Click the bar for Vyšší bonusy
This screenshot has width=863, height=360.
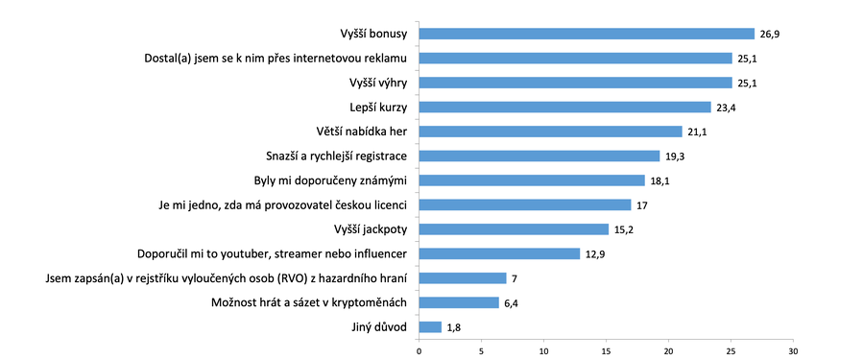(x=587, y=34)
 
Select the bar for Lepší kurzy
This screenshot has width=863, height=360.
(x=564, y=107)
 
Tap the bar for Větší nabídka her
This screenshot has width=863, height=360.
(x=550, y=132)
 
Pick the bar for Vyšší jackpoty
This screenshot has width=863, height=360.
(x=514, y=228)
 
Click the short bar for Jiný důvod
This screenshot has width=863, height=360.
(x=430, y=327)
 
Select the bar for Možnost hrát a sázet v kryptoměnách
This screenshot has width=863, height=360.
(x=459, y=302)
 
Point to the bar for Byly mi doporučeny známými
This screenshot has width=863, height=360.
(x=532, y=180)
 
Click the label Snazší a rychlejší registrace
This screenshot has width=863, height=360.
(x=336, y=156)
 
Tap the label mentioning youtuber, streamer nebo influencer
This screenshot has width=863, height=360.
(x=274, y=253)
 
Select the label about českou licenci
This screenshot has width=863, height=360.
(x=283, y=204)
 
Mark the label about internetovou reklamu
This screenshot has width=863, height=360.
(x=271, y=59)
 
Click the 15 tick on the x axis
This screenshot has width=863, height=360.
(x=606, y=350)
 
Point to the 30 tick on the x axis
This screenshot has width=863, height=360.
(x=793, y=350)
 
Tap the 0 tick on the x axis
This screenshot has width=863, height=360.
(x=420, y=350)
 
